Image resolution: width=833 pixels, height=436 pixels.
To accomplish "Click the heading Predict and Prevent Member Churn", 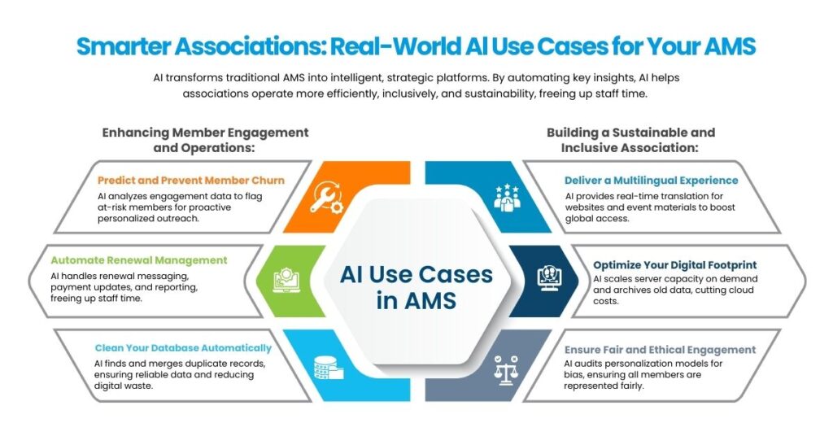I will tap(191, 180).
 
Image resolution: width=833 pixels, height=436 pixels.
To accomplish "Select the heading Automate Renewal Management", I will tap(139, 260).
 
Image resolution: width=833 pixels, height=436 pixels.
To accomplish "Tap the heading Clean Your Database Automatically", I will tap(183, 347).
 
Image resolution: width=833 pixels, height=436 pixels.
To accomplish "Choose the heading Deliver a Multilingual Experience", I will tap(652, 180).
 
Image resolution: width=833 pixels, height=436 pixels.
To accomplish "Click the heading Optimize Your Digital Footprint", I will tap(675, 264).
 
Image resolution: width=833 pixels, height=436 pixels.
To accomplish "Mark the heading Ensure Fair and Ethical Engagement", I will tap(660, 350).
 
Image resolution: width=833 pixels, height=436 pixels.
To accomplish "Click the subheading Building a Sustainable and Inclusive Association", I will tap(631, 140).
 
